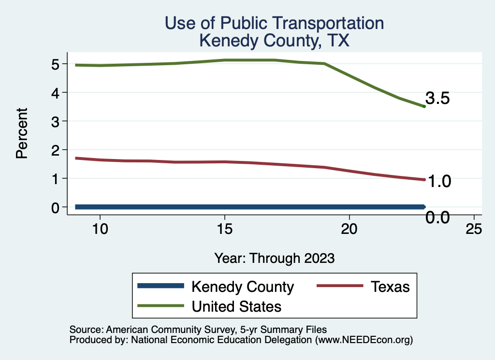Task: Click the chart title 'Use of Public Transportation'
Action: [x=274, y=23]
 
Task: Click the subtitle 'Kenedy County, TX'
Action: [x=274, y=41]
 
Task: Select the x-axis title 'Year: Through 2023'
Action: [x=274, y=258]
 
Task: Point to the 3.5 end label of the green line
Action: [x=438, y=99]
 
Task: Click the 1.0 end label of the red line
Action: [x=438, y=181]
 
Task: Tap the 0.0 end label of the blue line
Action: [x=438, y=217]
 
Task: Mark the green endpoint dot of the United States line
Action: [x=424, y=106]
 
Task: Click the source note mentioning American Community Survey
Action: [x=199, y=330]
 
